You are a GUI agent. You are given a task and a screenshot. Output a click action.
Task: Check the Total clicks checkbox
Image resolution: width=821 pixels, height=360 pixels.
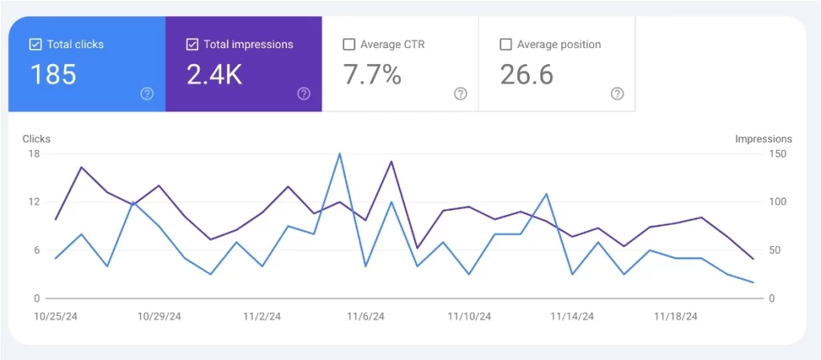[35, 45]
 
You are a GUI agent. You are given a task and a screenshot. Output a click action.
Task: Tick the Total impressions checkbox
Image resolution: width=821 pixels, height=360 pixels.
[192, 45]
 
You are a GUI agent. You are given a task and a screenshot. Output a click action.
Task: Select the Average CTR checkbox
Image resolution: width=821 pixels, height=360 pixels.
[349, 45]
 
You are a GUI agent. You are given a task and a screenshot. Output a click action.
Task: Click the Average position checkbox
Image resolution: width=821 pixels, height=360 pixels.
[506, 45]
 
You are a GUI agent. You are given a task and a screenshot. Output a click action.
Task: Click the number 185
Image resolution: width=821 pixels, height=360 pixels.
[54, 75]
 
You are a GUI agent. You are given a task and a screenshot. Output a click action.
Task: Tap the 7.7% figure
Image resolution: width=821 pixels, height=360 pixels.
[372, 75]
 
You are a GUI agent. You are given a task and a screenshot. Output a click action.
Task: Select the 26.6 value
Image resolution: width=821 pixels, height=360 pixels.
[527, 75]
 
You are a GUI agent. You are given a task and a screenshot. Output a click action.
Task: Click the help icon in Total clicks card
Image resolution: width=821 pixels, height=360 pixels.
[147, 94]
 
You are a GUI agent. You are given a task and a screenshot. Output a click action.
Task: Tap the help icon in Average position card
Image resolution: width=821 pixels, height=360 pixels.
[617, 94]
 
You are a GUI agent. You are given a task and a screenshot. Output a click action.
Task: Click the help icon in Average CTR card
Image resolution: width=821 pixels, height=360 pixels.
[460, 94]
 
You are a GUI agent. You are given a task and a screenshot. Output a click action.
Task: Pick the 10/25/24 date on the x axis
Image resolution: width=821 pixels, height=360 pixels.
[55, 317]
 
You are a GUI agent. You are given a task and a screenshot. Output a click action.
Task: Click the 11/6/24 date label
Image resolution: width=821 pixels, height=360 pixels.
[366, 317]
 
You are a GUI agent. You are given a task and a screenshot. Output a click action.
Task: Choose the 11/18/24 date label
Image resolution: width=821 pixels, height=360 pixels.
[676, 317]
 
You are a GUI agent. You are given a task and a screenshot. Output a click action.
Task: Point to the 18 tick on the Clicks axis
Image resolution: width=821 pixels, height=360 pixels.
[34, 153]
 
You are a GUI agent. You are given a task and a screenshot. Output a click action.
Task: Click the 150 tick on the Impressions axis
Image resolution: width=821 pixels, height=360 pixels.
[776, 153]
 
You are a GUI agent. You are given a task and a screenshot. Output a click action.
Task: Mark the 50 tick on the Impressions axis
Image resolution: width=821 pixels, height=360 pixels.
[774, 250]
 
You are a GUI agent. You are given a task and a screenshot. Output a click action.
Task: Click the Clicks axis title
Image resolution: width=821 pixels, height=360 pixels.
[36, 139]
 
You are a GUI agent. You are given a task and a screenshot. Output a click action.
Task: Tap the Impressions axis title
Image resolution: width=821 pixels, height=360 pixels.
[763, 139]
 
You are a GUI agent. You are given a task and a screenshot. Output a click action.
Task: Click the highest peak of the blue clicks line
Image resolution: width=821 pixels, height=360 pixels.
[340, 153]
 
